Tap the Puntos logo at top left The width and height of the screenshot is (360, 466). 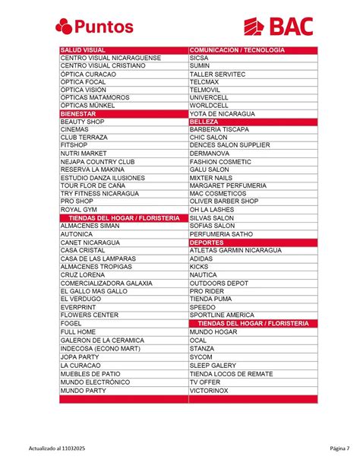coord(94,27)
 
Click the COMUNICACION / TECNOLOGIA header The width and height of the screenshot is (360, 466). coord(237,49)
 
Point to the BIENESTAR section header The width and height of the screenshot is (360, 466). coord(78,113)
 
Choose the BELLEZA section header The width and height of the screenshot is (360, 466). coord(204,122)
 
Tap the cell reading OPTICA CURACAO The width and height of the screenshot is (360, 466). coord(88,74)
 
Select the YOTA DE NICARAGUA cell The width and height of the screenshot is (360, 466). coord(222,113)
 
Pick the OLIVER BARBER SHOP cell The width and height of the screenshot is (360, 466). coord(224,201)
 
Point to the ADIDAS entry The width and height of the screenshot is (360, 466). coord(201,258)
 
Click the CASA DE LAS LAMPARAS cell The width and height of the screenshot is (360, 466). coord(98,258)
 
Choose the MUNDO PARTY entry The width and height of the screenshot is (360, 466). coord(84,390)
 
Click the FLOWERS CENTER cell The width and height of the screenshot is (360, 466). coord(90,315)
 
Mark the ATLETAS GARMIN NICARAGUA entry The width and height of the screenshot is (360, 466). coord(235,250)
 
